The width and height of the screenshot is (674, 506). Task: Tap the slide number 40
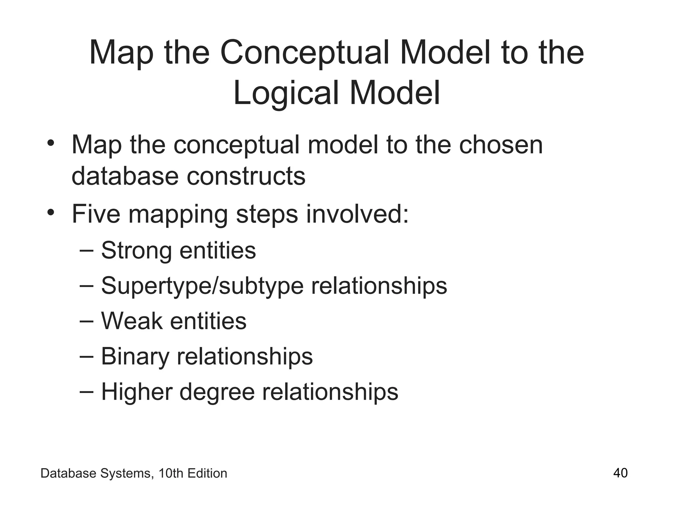click(620, 473)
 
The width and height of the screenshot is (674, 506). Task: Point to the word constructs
click(246, 176)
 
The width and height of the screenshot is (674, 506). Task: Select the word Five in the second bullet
click(96, 214)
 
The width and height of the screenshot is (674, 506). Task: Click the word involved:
click(357, 214)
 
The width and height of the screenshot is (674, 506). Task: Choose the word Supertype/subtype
click(202, 286)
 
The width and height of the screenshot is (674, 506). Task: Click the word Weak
click(132, 321)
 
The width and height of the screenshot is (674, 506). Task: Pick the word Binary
click(135, 357)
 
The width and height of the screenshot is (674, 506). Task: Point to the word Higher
click(136, 392)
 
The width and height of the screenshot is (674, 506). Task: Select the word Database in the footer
click(68, 473)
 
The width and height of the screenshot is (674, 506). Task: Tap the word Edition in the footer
click(207, 473)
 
